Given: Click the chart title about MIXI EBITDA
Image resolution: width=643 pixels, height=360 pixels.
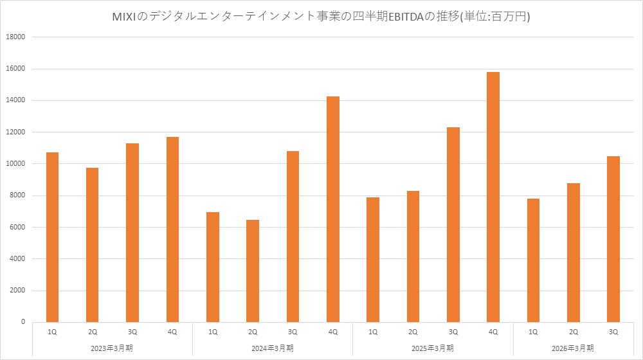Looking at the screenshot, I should (x=321, y=17).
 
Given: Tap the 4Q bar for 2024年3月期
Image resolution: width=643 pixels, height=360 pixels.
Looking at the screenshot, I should (x=332, y=209).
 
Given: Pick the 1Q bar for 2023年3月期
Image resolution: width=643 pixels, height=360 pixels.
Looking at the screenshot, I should (x=53, y=237).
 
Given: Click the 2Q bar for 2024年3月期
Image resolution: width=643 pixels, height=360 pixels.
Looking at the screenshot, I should (x=253, y=271).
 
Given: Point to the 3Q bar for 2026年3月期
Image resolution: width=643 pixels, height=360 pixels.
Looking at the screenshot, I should (x=613, y=239).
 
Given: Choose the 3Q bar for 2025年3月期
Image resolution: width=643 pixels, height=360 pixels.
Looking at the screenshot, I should (x=453, y=224).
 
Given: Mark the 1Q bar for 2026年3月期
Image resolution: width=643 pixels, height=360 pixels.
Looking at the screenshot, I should (x=533, y=260).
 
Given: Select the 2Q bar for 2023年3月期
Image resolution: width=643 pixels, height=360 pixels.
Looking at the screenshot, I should (x=93, y=245).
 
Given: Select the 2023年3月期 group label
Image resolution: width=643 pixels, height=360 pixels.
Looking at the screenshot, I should (x=113, y=348).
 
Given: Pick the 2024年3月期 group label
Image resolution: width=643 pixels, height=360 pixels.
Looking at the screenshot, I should (x=273, y=348).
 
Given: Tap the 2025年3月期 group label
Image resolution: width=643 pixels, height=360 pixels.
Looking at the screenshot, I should (x=433, y=348).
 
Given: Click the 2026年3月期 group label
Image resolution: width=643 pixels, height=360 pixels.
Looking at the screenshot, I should (x=573, y=348).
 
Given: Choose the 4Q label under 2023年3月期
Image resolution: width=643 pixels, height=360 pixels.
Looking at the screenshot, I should (x=172, y=332).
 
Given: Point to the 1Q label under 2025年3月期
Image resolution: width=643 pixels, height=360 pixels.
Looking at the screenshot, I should (x=373, y=332).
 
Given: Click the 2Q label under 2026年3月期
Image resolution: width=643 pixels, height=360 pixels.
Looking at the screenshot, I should (x=573, y=332).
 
